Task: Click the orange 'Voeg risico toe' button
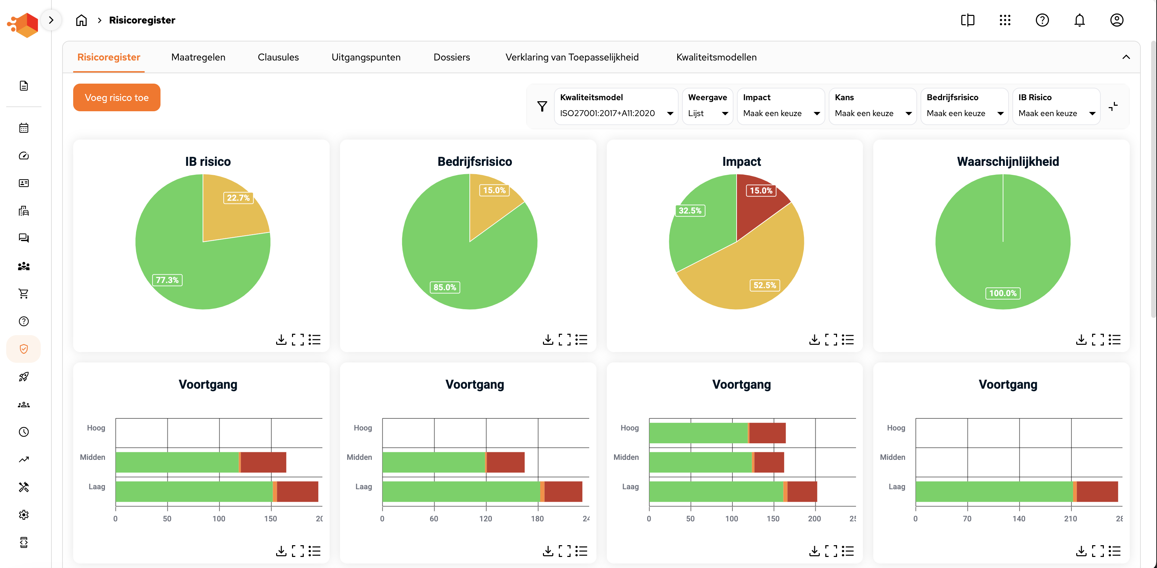click(116, 97)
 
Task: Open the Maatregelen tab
click(198, 57)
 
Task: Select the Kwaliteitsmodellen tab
click(716, 57)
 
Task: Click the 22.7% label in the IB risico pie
click(238, 198)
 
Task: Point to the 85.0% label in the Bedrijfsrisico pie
click(444, 287)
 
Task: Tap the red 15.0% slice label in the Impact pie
click(761, 191)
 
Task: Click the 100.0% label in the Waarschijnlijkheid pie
click(1002, 293)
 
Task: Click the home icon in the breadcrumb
click(81, 20)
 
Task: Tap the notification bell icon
click(1079, 20)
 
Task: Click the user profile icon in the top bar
click(1117, 20)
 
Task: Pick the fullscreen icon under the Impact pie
click(831, 340)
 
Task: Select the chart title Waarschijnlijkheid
click(1008, 161)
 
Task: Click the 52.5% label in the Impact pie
click(765, 285)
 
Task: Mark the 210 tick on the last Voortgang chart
click(1070, 519)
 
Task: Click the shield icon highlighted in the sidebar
click(24, 349)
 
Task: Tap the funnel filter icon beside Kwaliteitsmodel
click(542, 106)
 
